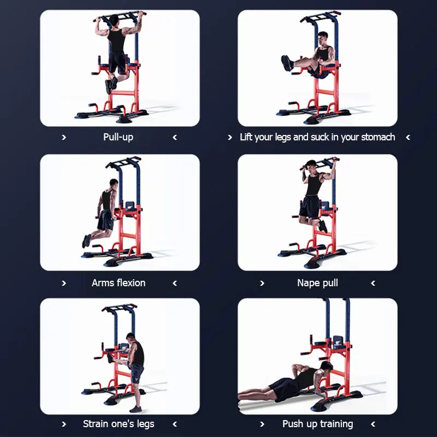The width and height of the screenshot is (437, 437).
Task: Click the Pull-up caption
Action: click(118, 138)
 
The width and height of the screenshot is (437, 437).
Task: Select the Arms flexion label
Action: click(119, 283)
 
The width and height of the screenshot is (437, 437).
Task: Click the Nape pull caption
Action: click(317, 283)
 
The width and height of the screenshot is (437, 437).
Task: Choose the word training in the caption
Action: click(336, 424)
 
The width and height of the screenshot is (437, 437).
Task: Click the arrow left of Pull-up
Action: click(64, 137)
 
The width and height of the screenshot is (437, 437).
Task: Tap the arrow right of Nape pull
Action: click(373, 283)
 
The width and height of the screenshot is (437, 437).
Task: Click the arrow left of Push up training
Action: click(262, 424)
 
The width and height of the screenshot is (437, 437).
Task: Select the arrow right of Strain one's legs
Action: click(175, 424)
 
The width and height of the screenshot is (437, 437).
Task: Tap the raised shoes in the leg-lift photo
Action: click(287, 63)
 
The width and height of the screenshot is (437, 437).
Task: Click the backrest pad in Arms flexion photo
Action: click(130, 207)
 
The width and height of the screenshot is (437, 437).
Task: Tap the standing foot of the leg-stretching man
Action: click(135, 409)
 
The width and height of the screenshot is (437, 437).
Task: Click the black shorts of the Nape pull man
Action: click(309, 206)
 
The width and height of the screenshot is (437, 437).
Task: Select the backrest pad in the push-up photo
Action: click(338, 342)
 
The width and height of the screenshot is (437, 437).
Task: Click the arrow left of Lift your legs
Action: click(229, 137)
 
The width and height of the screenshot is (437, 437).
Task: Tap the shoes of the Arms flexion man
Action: click(86, 241)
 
